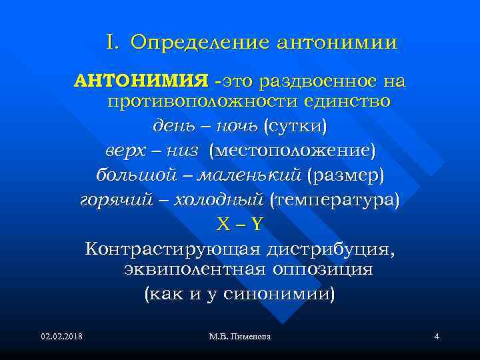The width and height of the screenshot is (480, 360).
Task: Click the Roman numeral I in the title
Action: [x=111, y=42]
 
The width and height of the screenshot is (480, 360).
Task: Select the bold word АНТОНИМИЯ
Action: [x=141, y=81]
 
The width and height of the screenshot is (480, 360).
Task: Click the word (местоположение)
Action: [x=293, y=151]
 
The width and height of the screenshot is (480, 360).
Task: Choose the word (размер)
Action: [x=346, y=175]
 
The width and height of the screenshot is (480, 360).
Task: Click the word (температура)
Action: [x=334, y=199]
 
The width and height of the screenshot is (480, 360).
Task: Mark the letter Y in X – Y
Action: [x=257, y=224]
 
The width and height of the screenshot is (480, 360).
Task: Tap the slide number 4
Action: [x=436, y=337]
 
